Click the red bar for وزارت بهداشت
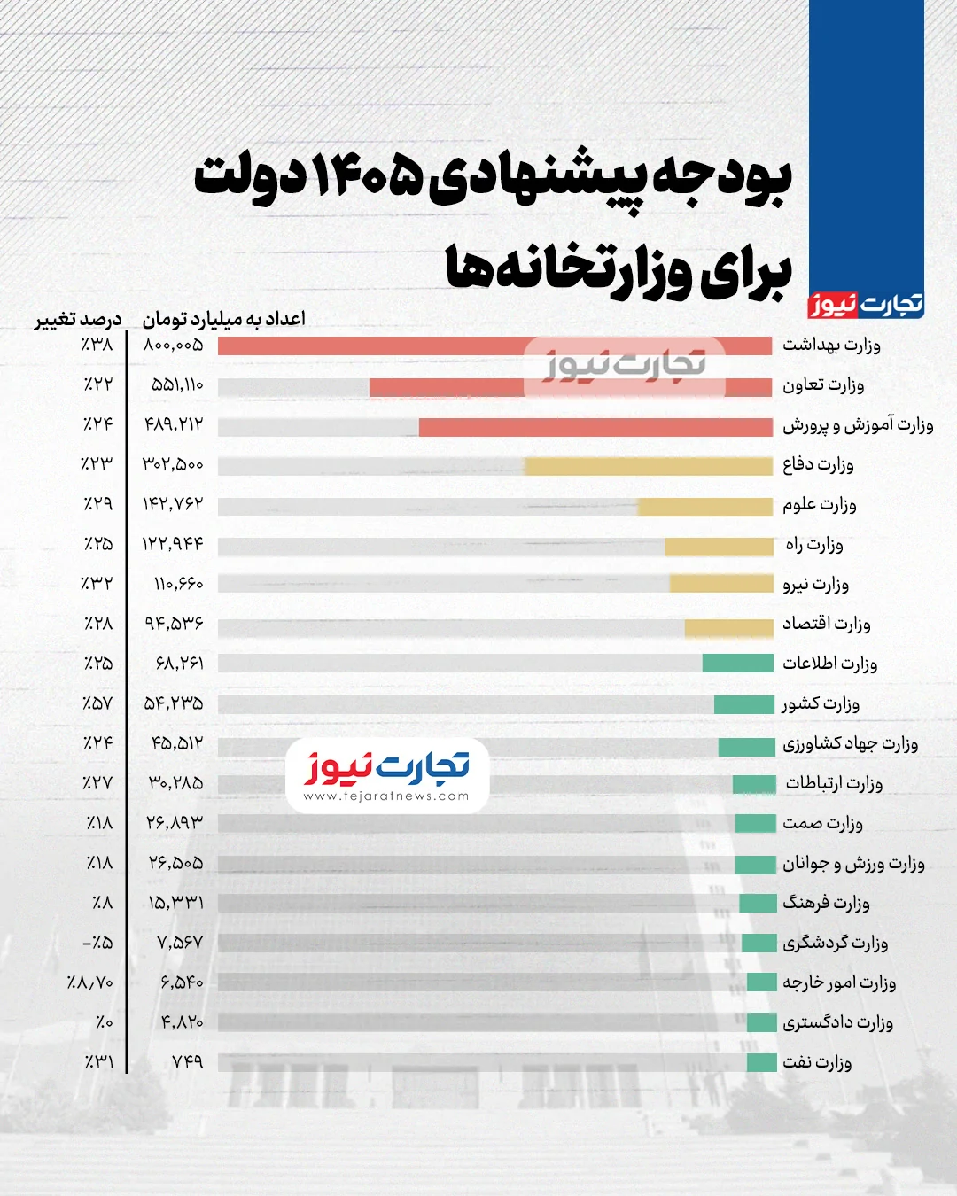point(494,346)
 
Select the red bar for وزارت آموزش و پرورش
point(595,427)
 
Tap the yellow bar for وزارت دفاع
point(649,466)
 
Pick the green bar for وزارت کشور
point(743,705)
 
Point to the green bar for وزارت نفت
point(761,1062)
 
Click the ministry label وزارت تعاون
point(822,385)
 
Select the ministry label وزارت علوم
point(819,505)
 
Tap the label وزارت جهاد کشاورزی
point(850,744)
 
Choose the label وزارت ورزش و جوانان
point(852,864)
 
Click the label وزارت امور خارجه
point(838,982)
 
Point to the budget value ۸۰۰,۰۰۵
point(173,346)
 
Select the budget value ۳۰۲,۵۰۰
point(173,464)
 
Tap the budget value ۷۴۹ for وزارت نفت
point(187,1062)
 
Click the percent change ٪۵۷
point(97,704)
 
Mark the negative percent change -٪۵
point(97,943)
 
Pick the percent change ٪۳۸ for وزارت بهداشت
point(97,346)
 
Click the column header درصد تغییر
point(78,319)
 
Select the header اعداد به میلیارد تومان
point(223,319)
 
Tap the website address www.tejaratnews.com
point(386,796)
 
